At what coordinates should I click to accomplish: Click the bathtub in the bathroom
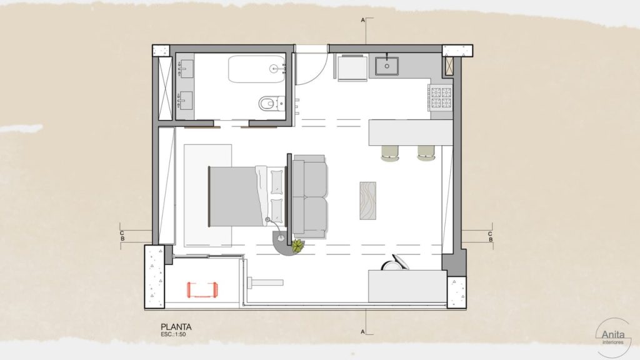tap(257, 69)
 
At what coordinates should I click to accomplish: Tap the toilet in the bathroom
tap(271, 104)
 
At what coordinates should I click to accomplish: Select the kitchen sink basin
tap(386, 66)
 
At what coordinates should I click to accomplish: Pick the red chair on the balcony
tap(202, 289)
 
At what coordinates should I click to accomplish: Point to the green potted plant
tap(298, 246)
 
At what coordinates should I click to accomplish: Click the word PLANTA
tap(176, 326)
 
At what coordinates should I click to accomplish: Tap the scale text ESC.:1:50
tap(173, 334)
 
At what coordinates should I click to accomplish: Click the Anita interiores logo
tap(613, 337)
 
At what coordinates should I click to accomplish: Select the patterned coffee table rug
tap(367, 201)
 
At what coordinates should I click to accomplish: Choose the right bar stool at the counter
tap(426, 152)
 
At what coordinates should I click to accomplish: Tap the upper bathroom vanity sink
tap(186, 69)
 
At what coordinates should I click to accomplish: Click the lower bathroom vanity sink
tap(186, 101)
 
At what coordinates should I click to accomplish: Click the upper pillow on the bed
tap(277, 182)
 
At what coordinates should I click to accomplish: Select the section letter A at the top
tap(362, 20)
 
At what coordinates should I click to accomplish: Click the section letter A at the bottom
tap(362, 332)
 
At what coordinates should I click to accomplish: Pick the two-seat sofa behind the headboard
tap(310, 196)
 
